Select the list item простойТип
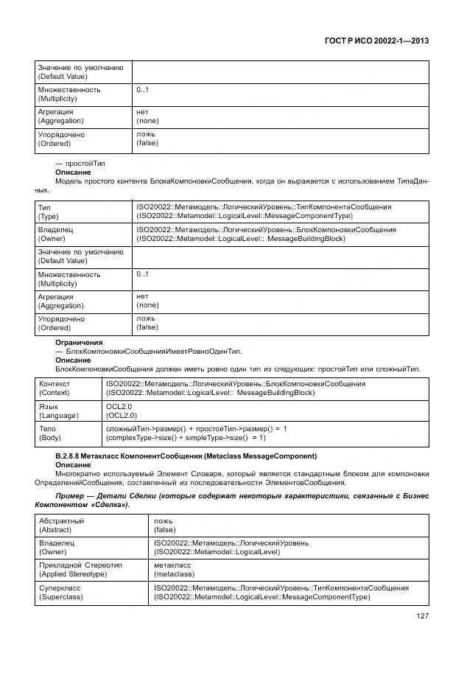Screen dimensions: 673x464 click(80, 161)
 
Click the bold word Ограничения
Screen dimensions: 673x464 click(79, 343)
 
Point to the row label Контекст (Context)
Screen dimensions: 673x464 click(55, 388)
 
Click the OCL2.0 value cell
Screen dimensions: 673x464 click(119, 411)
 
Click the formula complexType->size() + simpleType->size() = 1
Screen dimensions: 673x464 click(196, 438)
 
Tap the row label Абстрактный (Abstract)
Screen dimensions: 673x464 click(61, 525)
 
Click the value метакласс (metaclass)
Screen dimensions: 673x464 click(175, 570)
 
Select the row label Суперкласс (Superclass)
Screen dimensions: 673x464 click(60, 593)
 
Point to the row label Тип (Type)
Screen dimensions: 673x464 click(49, 212)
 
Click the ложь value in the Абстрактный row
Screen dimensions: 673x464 click(164, 520)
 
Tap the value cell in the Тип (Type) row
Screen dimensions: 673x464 click(263, 212)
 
